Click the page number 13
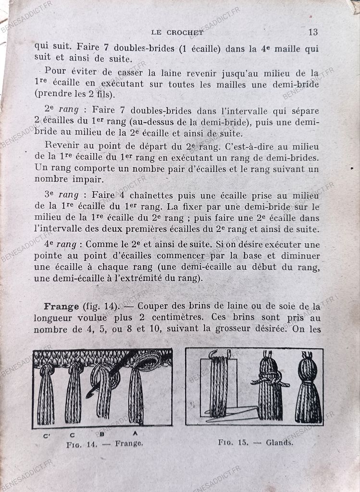pos(312,32)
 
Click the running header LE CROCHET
pos(177,33)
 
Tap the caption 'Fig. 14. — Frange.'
pos(104,444)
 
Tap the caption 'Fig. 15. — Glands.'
pos(255,443)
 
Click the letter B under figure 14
pos(102,434)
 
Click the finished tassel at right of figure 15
pos(308,389)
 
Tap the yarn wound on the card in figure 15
pos(219,384)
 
